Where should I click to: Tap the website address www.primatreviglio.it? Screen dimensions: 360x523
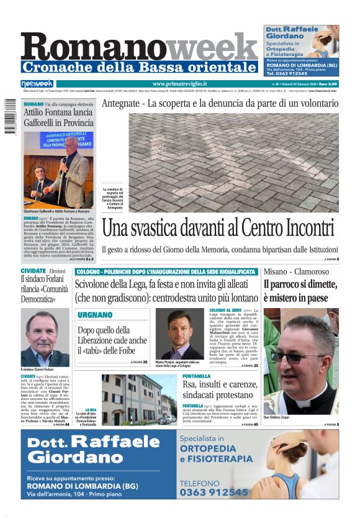coord(179,84)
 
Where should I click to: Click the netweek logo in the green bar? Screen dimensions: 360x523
coord(37,84)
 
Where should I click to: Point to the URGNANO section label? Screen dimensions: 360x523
coord(95,315)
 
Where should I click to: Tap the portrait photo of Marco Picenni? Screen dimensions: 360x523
coord(179,334)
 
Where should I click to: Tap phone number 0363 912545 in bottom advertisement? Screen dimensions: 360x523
coord(214,492)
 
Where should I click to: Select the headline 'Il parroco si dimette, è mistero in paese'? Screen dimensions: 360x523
coord(300,291)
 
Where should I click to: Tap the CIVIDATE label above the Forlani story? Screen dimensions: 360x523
coord(33,271)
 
